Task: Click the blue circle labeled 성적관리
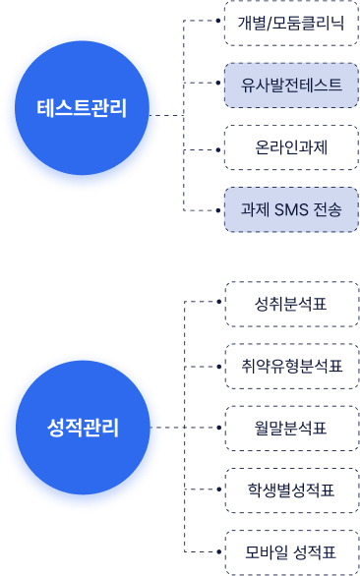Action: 82,428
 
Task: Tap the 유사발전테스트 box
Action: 290,86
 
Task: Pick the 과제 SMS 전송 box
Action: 290,209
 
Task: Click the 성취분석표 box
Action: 290,304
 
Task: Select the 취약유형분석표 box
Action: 290,367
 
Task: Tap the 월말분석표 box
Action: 290,429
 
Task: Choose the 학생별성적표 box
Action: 290,490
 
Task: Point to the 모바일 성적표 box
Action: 290,551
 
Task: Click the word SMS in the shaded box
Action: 290,209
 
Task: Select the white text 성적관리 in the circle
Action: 82,428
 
